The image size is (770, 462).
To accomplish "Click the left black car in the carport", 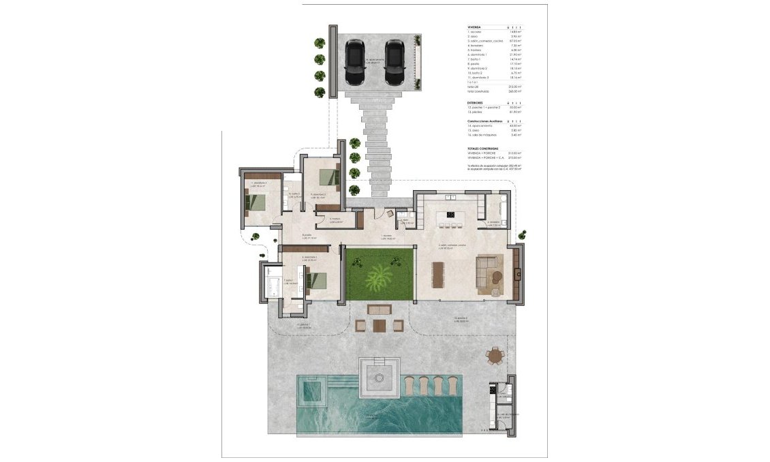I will (354, 62).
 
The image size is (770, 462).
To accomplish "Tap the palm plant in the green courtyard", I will (379, 277).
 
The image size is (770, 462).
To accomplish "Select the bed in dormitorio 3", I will (258, 202).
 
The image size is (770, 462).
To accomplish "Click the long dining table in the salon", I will (437, 274).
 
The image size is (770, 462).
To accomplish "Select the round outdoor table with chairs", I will (496, 356).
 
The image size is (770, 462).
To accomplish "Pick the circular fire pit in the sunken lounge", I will (380, 375).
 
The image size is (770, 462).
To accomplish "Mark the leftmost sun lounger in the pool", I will (410, 385).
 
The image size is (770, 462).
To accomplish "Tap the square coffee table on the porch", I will (379, 325).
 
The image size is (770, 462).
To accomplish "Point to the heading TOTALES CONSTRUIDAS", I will (482, 148).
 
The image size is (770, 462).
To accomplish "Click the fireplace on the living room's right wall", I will (519, 274).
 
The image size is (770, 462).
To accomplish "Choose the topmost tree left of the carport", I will (320, 43).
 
